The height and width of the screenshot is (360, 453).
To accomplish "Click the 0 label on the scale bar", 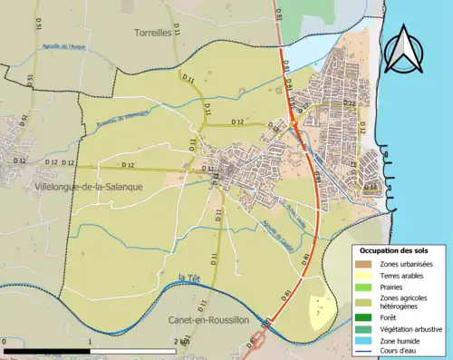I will (x=5, y=341).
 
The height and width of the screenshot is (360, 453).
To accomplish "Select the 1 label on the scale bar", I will (x=92, y=341).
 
